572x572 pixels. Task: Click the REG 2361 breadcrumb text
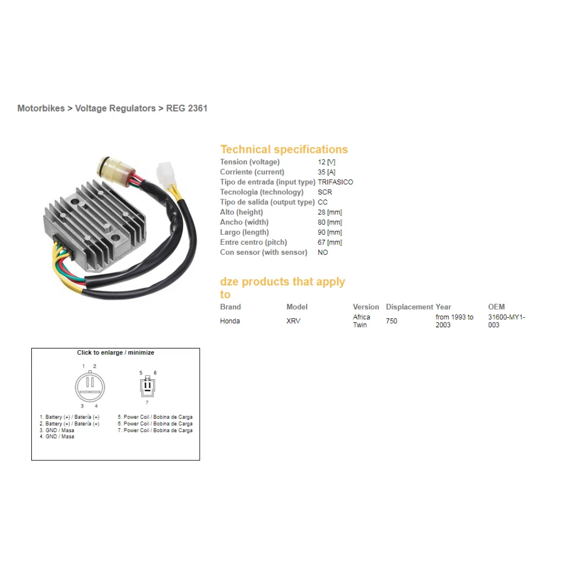186,109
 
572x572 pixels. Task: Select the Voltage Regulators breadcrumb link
115,109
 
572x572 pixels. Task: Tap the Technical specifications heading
284,149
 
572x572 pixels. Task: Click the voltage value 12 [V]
326,162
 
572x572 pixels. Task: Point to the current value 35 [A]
326,172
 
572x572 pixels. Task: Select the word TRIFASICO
335,182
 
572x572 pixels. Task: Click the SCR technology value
325,192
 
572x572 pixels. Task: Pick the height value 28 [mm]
330,212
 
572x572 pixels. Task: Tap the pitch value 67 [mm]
330,242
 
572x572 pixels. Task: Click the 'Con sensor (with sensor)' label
263,253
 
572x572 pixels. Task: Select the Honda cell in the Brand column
230,321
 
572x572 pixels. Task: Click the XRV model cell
293,321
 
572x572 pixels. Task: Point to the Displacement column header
409,307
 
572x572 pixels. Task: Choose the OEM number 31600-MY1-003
507,321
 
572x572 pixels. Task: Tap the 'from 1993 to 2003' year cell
454,321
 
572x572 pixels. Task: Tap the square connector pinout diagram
147,386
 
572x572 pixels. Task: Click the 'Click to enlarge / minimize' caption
115,353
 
